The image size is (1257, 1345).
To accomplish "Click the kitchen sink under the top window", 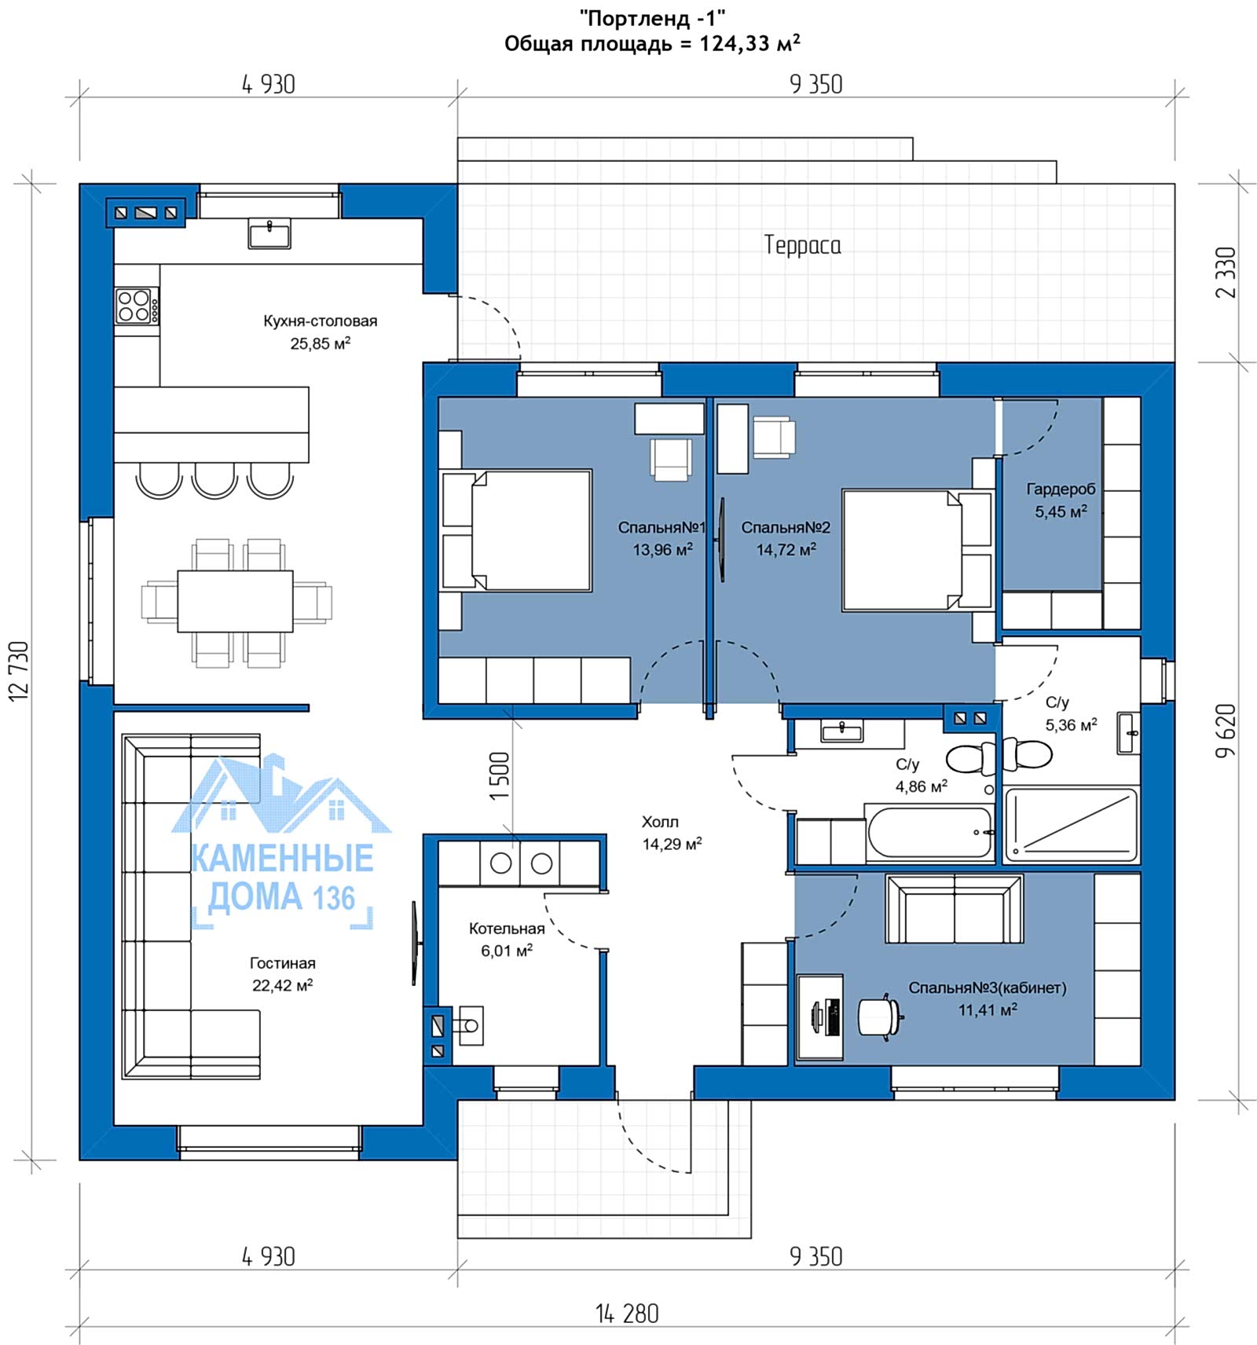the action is click(269, 234).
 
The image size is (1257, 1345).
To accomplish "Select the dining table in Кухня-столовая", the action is click(235, 601).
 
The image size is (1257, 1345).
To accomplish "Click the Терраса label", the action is click(802, 245).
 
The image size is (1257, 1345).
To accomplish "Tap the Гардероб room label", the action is click(1061, 489).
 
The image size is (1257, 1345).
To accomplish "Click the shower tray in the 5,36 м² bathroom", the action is click(1072, 824).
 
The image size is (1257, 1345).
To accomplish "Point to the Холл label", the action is click(660, 822).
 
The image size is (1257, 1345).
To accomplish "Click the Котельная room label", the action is click(507, 929).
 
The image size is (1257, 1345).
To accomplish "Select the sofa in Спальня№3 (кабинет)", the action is click(955, 908).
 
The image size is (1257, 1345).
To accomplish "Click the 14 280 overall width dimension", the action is click(627, 1313).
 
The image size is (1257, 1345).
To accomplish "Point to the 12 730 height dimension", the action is click(19, 670).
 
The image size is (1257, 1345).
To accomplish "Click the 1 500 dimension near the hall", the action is click(500, 776).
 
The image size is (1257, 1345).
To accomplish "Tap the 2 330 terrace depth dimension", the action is click(1226, 273).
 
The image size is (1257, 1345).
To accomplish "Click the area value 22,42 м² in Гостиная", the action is click(283, 985).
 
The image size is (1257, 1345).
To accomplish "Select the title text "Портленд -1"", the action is click(652, 17).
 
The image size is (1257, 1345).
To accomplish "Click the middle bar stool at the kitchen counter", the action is click(214, 480).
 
